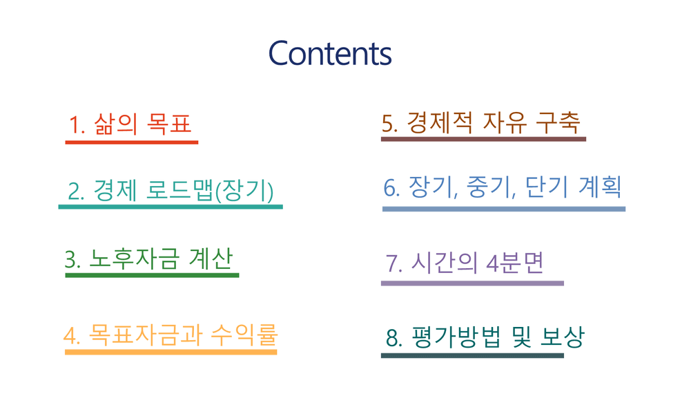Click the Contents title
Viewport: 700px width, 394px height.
point(330,53)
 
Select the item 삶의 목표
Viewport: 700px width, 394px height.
point(130,124)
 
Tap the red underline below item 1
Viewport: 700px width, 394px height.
point(132,142)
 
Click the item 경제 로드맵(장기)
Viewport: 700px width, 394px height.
point(171,191)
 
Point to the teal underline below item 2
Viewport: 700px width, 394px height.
point(171,207)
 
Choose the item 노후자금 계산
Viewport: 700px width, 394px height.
point(149,259)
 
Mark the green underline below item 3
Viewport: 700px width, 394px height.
point(153,275)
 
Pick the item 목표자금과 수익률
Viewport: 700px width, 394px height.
point(171,335)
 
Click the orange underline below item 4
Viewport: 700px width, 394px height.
point(171,352)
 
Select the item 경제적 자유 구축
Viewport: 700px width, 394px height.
point(480,122)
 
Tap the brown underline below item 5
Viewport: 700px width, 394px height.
point(483,139)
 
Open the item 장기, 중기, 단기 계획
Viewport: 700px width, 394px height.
point(503,187)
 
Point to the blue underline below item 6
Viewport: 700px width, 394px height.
point(504,209)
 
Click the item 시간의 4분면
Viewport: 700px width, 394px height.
point(465,263)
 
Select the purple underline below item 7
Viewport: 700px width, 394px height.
point(472,283)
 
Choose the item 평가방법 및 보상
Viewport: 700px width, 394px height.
point(485,337)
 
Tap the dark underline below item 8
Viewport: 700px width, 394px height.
point(472,355)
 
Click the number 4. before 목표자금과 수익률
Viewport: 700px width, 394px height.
point(72,336)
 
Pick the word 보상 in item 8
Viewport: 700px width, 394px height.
point(562,337)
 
